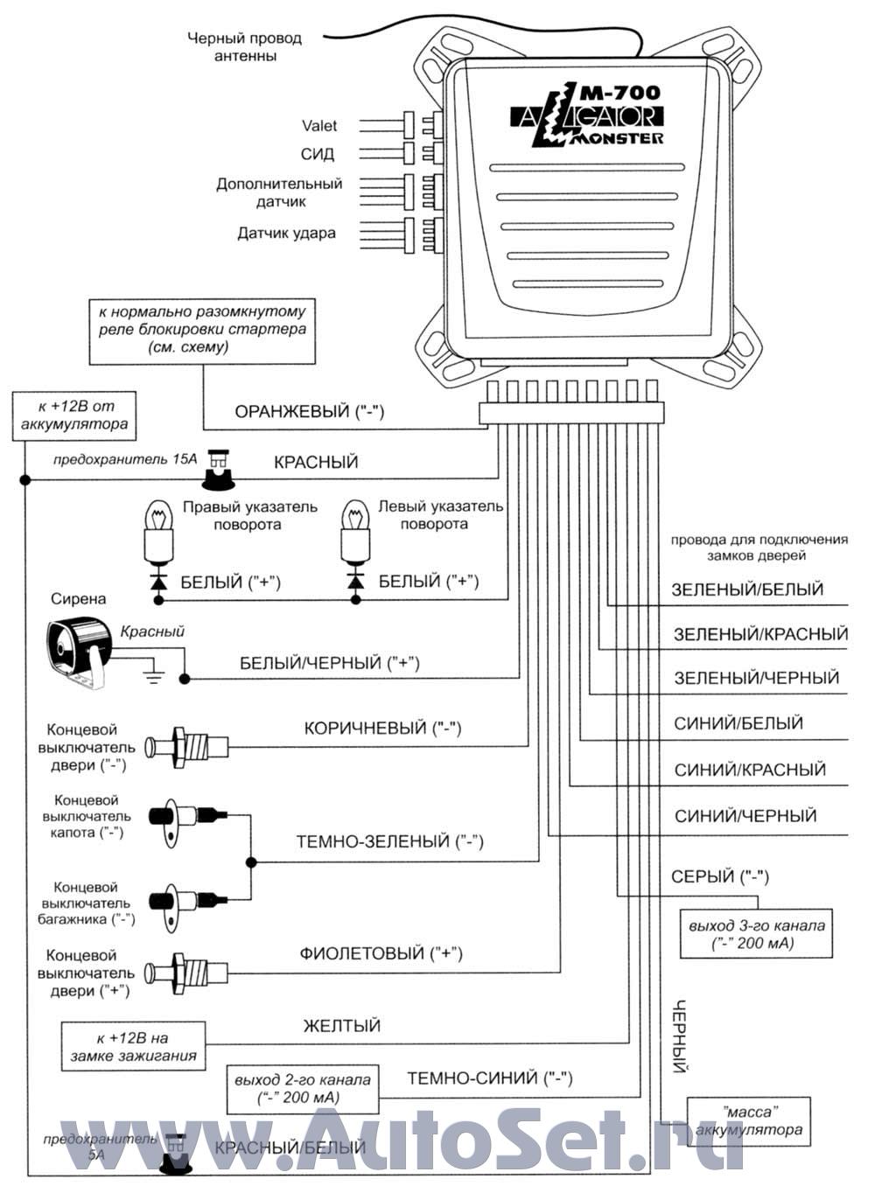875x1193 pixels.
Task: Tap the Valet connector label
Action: [319, 126]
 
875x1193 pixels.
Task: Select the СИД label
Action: [318, 155]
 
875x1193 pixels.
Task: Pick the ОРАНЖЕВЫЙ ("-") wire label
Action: [310, 412]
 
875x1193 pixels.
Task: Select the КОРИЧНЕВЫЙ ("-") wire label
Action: [382, 728]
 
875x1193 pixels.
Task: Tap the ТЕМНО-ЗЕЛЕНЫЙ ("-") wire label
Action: [389, 842]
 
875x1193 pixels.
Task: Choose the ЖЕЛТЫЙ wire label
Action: [341, 1026]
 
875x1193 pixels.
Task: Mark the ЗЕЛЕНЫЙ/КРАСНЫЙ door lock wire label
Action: [760, 634]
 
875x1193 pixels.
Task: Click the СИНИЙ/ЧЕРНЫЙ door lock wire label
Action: [745, 816]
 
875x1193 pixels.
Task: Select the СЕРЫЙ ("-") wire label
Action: [720, 876]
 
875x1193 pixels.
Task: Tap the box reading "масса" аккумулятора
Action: [749, 1121]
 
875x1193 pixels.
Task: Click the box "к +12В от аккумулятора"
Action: [75, 415]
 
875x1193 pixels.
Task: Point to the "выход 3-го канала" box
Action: [756, 934]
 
